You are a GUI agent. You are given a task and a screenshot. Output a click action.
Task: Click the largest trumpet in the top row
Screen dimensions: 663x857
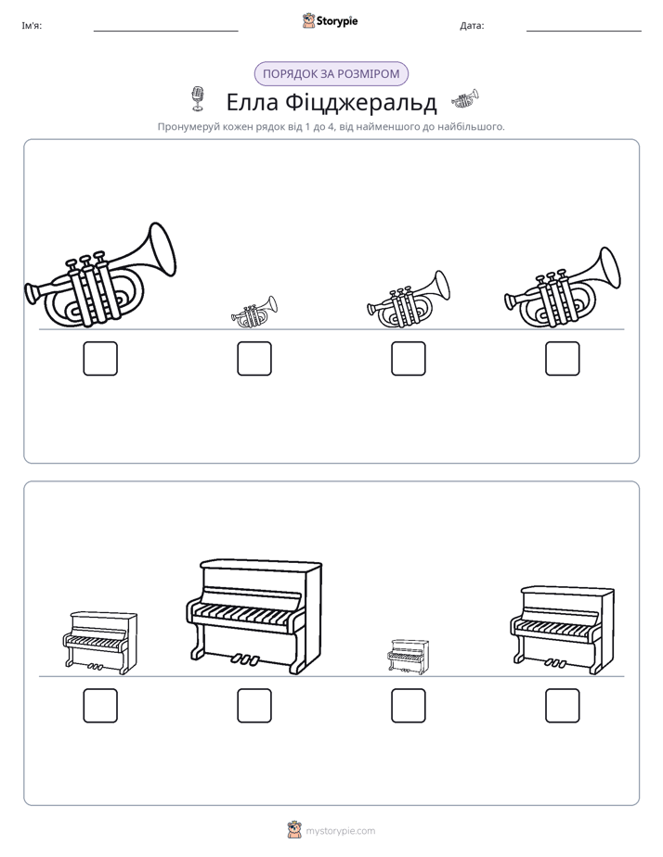100,276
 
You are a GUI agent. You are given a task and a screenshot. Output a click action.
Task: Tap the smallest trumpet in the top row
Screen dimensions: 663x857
253,312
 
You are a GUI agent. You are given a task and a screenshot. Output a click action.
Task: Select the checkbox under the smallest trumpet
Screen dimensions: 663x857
254,359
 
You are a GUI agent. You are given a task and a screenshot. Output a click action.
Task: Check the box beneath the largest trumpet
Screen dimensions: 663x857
100,359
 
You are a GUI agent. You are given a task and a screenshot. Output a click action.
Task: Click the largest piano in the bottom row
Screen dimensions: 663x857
253,616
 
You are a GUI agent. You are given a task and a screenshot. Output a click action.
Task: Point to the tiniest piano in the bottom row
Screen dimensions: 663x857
408,657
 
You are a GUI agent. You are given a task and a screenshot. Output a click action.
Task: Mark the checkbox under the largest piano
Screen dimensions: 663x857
254,706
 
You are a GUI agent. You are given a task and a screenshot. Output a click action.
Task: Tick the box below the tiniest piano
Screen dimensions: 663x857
408,706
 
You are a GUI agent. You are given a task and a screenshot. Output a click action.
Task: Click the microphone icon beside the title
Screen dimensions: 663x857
197,99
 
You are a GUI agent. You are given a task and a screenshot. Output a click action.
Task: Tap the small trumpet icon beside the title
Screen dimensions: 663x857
465,99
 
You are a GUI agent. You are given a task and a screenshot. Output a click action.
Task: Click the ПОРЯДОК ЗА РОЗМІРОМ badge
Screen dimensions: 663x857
331,74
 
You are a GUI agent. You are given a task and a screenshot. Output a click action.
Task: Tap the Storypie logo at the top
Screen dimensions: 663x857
331,21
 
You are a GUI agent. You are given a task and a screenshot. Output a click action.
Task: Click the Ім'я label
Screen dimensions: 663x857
32,25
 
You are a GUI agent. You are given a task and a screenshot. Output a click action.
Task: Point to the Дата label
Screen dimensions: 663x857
472,25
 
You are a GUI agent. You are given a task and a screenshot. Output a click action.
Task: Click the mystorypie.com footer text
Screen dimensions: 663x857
340,831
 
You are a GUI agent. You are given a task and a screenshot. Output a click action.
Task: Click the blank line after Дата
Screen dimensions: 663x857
584,31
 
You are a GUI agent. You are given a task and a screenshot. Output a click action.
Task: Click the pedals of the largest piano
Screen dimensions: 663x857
244,659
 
